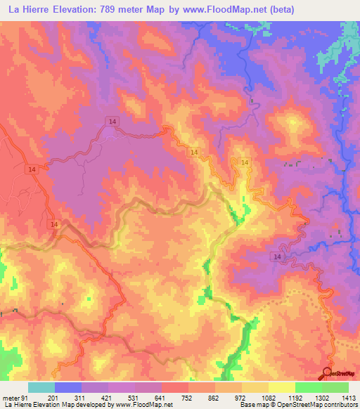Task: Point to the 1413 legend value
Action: tap(340, 397)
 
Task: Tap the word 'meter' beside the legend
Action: tap(11, 397)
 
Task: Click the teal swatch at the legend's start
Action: tap(41, 387)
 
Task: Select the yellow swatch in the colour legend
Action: tap(281, 387)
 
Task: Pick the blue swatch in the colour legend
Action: tap(67, 387)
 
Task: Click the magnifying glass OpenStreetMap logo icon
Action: tap(328, 374)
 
